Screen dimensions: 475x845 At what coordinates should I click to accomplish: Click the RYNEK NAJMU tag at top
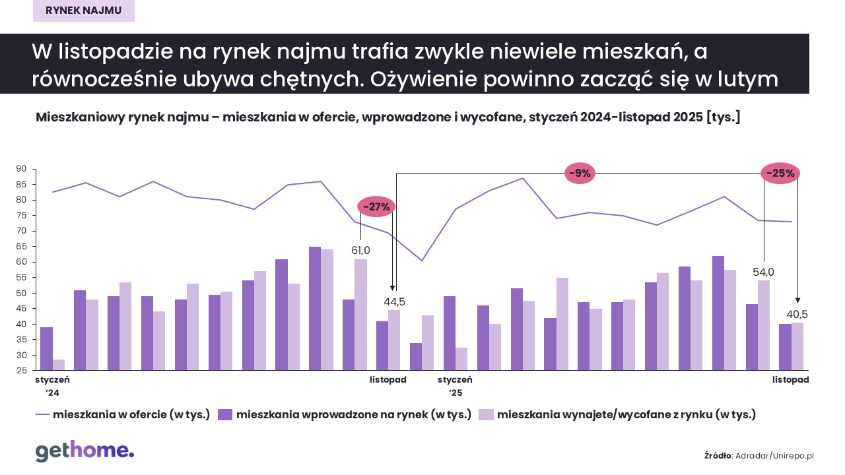[x=84, y=11]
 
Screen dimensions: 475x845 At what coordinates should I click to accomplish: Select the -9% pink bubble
[x=582, y=174]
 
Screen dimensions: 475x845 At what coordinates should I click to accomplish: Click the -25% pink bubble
[x=781, y=174]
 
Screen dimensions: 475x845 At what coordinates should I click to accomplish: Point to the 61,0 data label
[x=360, y=250]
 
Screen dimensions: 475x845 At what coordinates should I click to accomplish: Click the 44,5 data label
[x=395, y=301]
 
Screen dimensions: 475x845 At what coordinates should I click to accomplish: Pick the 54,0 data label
[x=763, y=272]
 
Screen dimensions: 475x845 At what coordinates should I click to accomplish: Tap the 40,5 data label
[x=797, y=314]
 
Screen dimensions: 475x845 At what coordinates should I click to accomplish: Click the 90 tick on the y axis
[x=21, y=169]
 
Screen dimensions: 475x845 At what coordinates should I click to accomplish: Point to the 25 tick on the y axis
[x=21, y=371]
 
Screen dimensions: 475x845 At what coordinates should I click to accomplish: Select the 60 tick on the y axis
[x=21, y=262]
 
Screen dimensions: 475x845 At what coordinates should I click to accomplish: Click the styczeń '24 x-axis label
[x=51, y=386]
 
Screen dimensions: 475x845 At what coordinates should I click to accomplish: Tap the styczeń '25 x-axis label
[x=455, y=386]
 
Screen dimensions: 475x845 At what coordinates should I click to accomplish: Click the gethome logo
[x=84, y=451]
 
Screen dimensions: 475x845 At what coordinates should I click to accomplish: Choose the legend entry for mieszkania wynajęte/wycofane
[x=617, y=415]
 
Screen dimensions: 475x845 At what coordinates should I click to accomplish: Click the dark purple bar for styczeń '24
[x=46, y=348]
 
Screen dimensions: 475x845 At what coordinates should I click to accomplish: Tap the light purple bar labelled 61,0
[x=360, y=315]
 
